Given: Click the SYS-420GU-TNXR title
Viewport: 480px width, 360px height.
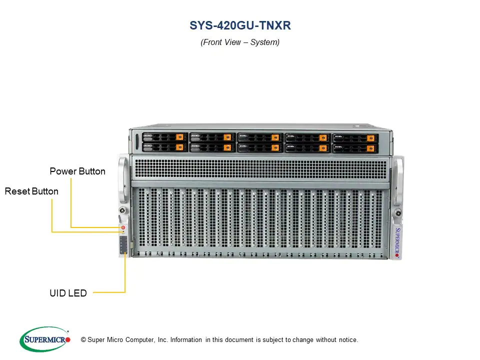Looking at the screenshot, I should (240, 25).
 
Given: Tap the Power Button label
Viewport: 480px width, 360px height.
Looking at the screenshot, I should (77, 171).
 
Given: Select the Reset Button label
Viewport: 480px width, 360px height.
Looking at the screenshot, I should (31, 191).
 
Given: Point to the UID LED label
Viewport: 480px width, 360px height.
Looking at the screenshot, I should (68, 293).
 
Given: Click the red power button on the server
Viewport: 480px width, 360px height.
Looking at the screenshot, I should (123, 227).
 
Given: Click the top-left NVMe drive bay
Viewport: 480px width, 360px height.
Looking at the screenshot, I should (164, 137).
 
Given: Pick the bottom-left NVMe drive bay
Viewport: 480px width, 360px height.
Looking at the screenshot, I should (164, 147).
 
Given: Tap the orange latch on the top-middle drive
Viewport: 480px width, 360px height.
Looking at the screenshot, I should (274, 137).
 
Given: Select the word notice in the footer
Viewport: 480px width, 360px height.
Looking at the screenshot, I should (346, 340).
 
